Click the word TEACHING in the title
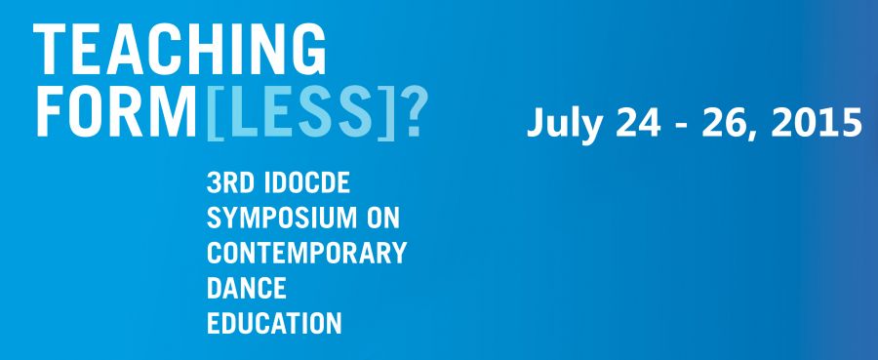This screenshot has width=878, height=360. [180, 50]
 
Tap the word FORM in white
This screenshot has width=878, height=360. [116, 111]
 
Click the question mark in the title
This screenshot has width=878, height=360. [415, 111]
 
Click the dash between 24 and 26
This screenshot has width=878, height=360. [682, 127]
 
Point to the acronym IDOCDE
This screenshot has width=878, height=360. [307, 182]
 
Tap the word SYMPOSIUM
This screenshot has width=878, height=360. [281, 218]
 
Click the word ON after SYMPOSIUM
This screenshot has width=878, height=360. [383, 218]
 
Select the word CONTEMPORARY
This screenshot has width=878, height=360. [307, 253]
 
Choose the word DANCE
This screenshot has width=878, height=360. [247, 289]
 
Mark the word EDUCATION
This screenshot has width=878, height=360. [274, 324]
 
